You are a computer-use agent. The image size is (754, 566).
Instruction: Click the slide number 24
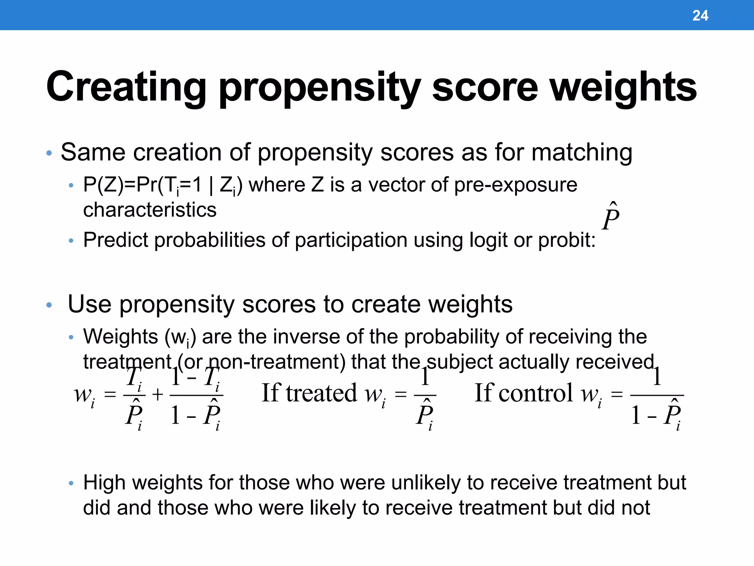click(x=700, y=15)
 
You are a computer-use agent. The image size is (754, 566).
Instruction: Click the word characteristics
click(x=150, y=210)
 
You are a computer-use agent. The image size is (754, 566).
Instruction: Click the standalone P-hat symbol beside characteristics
click(x=611, y=217)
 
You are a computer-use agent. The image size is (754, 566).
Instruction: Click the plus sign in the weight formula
click(x=158, y=395)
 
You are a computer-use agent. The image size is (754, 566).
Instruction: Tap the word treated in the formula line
click(x=321, y=393)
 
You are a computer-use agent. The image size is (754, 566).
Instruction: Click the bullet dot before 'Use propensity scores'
click(x=49, y=305)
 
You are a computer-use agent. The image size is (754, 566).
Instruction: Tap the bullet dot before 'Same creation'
click(x=49, y=153)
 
